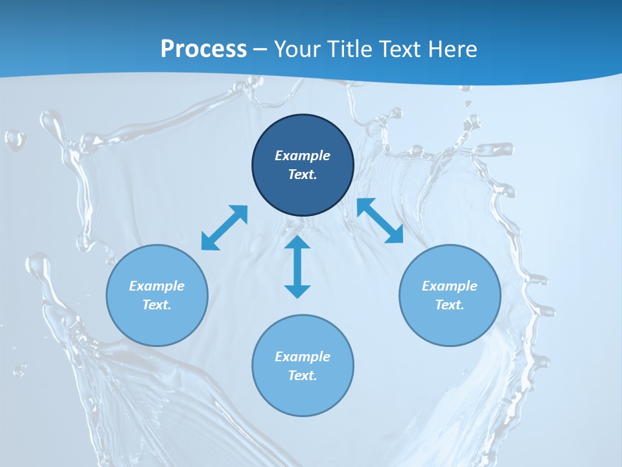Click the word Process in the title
(203, 49)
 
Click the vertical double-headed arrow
(297, 267)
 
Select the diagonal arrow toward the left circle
(224, 228)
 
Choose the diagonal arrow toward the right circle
(380, 221)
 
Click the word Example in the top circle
(303, 156)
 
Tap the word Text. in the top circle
(303, 174)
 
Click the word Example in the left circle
(157, 286)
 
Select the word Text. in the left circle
(157, 305)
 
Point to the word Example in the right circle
(450, 286)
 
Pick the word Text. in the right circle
(450, 305)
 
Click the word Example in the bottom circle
(303, 357)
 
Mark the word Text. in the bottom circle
(303, 376)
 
